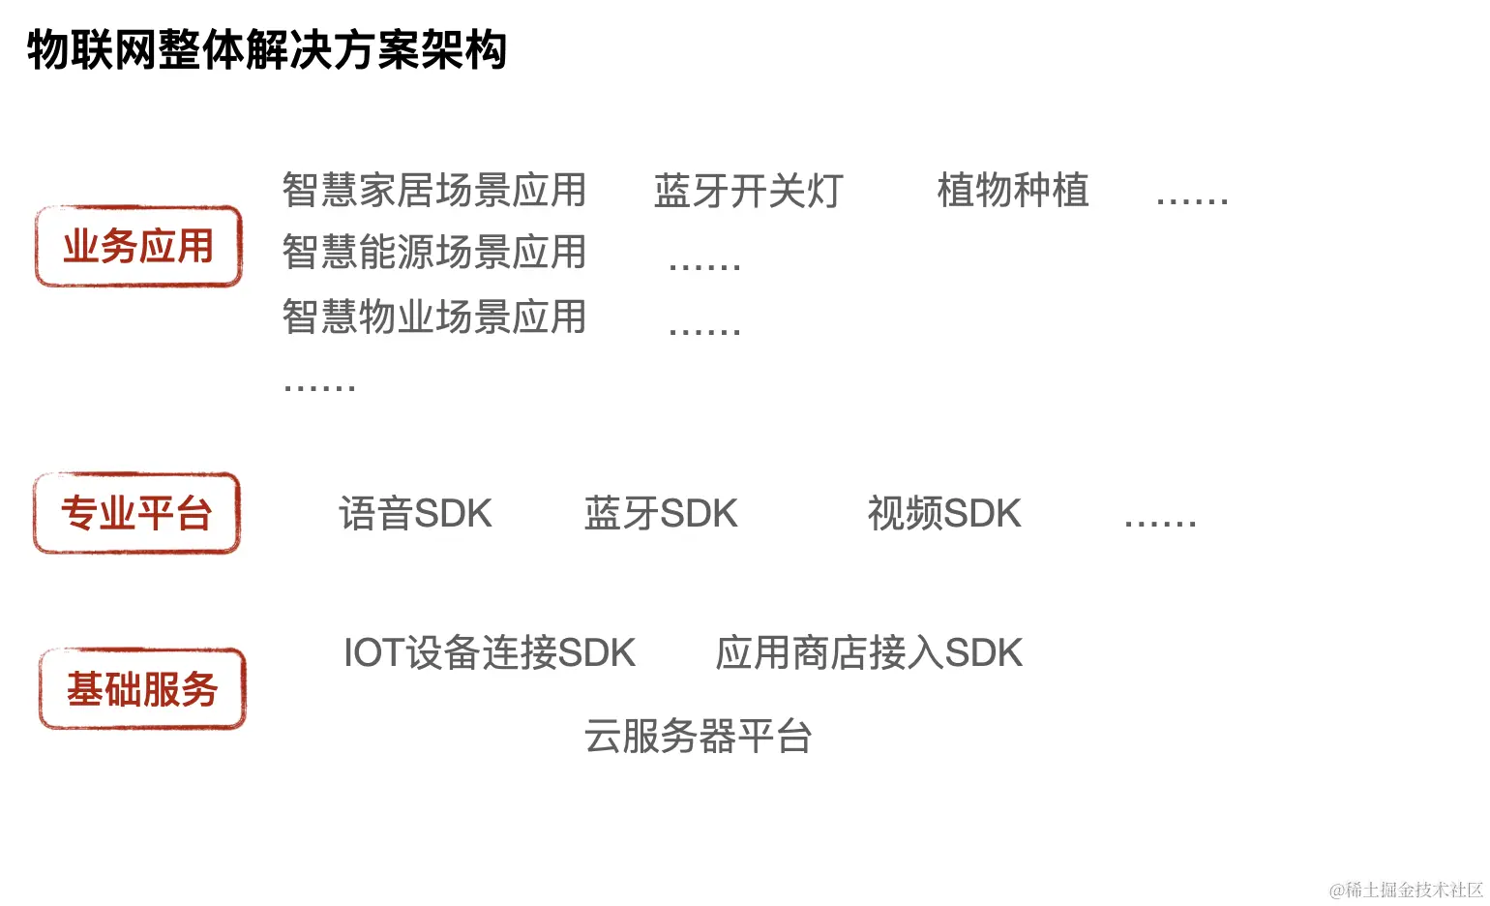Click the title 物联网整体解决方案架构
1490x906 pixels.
267,49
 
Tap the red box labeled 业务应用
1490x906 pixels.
138,247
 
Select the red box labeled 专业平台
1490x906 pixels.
136,513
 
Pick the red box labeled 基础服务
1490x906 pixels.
142,689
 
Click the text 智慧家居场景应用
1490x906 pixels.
434,190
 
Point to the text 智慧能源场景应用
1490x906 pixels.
434,253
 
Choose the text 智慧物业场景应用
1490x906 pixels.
434,317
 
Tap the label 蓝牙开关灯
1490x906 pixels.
749,191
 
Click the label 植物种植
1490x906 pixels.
1013,190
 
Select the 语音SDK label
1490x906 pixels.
415,514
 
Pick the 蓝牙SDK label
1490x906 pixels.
661,514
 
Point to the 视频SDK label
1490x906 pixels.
944,514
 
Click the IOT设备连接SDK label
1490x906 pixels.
490,653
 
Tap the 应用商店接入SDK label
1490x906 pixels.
869,653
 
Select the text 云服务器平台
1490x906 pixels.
698,737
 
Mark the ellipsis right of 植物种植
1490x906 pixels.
1192,200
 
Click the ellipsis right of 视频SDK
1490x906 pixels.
1160,523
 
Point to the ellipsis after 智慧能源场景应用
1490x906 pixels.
704,265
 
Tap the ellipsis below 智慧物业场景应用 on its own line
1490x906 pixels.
319,387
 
